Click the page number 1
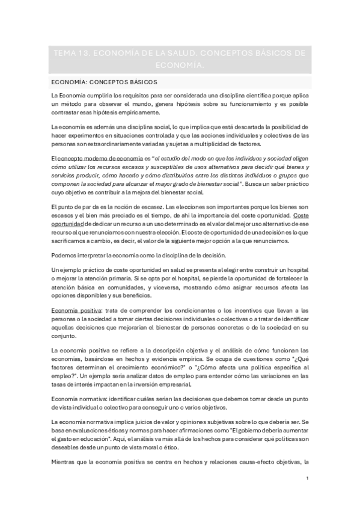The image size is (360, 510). tap(307, 478)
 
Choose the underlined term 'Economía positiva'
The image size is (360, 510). tap(75, 310)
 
